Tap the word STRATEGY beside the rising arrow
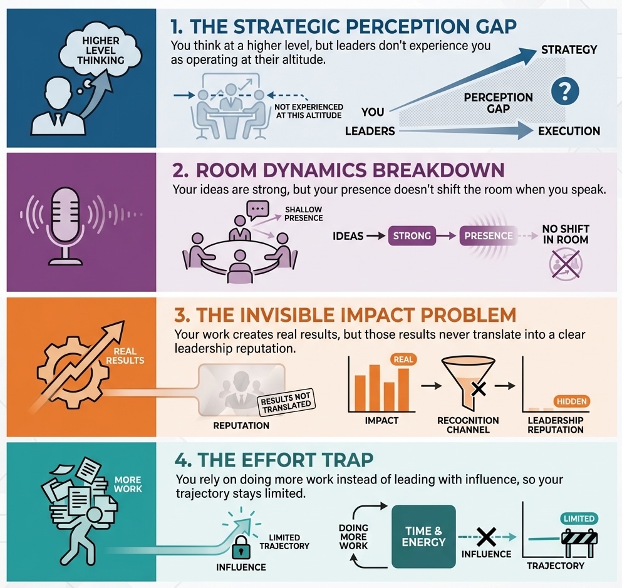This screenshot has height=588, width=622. (x=569, y=49)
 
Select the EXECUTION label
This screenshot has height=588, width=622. (x=569, y=131)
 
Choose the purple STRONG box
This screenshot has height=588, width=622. (x=412, y=236)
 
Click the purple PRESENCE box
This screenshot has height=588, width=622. (x=486, y=236)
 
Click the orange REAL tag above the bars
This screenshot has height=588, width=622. (x=403, y=359)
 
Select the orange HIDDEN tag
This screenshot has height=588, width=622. (x=571, y=402)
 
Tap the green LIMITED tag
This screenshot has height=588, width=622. (x=579, y=518)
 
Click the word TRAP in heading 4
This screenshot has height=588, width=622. (x=343, y=460)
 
